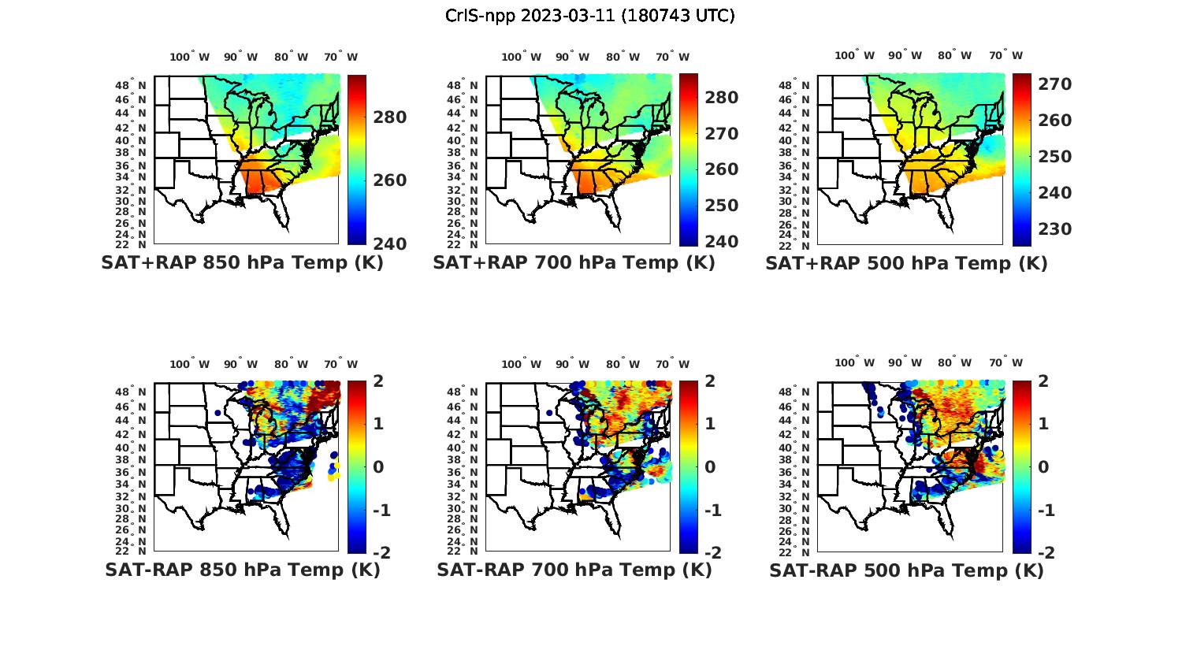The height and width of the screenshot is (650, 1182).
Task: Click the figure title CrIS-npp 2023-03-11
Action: [x=589, y=16]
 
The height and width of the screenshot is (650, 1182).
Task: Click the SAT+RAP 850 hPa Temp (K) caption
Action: [x=242, y=262]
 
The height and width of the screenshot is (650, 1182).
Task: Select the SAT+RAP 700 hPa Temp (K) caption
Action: [x=574, y=262]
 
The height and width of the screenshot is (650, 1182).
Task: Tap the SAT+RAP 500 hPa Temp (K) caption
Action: [x=906, y=263]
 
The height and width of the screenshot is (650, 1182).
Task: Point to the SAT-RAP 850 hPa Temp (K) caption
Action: [x=242, y=570]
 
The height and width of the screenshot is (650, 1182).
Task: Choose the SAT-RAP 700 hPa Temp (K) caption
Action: [x=574, y=570]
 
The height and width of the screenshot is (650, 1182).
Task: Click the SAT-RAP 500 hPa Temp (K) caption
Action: [x=906, y=570]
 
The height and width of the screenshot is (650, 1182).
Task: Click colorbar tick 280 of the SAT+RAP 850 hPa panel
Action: [x=390, y=117]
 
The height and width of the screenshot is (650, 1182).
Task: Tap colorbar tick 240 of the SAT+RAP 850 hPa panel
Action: [x=390, y=243]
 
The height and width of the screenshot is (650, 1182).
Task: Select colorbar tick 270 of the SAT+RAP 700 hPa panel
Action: [x=721, y=133]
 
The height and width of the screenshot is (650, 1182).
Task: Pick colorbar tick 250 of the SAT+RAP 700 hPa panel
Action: [x=721, y=205]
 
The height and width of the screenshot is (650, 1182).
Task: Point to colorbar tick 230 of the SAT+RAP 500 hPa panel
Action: [x=1054, y=228]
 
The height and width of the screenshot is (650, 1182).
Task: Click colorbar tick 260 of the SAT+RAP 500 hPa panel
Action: [x=1054, y=121]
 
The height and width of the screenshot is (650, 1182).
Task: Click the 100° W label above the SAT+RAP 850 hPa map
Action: [x=190, y=57]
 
